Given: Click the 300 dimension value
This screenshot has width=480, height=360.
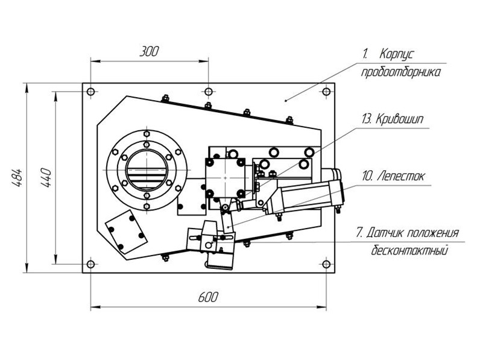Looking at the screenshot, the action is point(149,51).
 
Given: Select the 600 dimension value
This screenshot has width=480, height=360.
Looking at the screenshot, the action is point(208,297).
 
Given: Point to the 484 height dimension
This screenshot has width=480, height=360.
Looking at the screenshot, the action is point(17,177).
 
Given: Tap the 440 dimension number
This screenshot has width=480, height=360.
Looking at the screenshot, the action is point(46,177).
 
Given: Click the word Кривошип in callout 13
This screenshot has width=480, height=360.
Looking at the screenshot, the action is point(399,119).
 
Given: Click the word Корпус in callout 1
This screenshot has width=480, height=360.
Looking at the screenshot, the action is point(397,54).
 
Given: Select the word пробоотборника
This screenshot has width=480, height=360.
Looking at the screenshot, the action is point(401,72).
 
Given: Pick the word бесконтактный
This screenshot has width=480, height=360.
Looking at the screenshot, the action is point(409,250).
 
